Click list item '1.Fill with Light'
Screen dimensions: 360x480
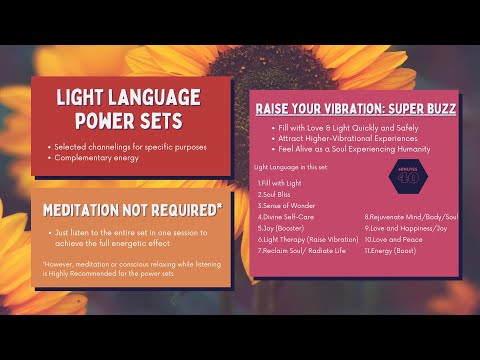point(281,182)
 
